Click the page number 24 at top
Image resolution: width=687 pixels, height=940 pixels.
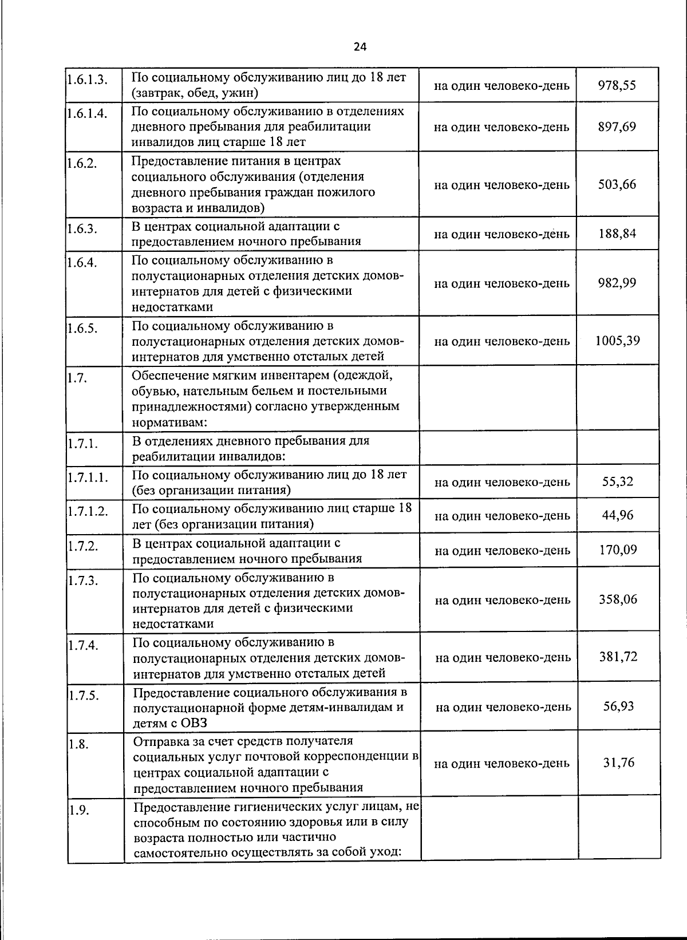(360, 48)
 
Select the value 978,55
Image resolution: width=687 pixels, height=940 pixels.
(617, 85)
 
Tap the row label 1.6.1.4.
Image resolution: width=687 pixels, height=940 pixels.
(87, 113)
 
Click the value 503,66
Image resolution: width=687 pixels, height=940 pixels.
(617, 184)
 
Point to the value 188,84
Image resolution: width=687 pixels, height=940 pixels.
(617, 234)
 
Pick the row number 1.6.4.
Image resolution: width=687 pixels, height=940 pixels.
(82, 263)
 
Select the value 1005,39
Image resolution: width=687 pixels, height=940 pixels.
(617, 341)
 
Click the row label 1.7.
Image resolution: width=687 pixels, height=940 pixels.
(77, 378)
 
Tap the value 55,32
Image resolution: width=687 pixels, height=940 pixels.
(618, 481)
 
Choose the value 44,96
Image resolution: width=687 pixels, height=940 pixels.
(618, 515)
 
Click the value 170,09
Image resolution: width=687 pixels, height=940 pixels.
(618, 550)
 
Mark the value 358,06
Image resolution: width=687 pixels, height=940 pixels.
(618, 599)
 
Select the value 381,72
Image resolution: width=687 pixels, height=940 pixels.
(618, 657)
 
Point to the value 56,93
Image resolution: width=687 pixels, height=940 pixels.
(618, 706)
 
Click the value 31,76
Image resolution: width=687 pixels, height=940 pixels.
(618, 763)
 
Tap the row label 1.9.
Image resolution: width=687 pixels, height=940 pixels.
(79, 810)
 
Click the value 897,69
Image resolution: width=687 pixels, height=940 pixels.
(617, 126)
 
